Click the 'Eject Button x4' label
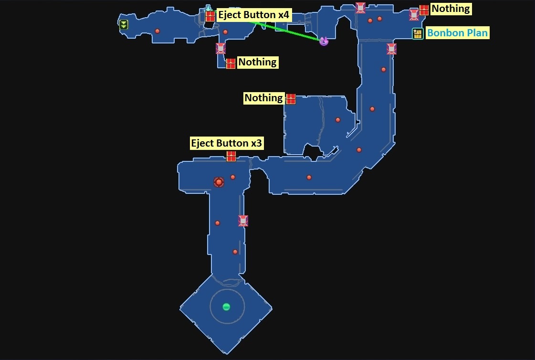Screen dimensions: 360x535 click(253, 15)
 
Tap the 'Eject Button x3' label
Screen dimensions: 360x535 click(226, 143)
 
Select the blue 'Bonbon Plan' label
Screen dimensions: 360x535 click(457, 33)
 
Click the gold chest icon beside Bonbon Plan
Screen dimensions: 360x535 click(418, 34)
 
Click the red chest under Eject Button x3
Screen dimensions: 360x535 click(231, 156)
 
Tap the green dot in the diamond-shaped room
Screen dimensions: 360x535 click(226, 307)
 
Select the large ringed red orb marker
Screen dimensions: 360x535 click(219, 182)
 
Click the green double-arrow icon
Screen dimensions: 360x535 click(124, 25)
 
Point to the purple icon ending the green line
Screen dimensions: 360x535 click(324, 41)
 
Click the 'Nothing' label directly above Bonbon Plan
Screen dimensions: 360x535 click(451, 9)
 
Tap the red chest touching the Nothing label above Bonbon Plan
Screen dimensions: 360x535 click(424, 10)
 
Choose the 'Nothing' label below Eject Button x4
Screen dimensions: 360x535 click(257, 62)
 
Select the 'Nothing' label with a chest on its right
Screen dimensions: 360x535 click(264, 98)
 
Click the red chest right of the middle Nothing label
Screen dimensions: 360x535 click(291, 99)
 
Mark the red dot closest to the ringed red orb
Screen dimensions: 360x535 click(233, 177)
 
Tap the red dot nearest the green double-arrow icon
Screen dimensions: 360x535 click(157, 31)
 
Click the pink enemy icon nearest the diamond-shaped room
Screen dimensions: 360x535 click(243, 221)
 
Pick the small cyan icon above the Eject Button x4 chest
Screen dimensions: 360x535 click(208, 8)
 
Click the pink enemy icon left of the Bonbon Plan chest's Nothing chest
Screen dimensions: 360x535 click(414, 15)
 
